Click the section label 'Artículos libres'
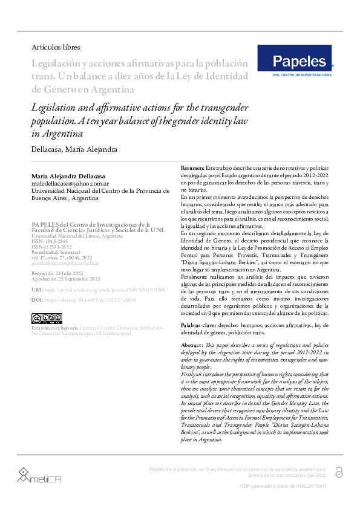point(56,47)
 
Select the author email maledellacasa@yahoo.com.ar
point(70,183)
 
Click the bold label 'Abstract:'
point(193,344)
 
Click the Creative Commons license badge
point(46,318)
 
